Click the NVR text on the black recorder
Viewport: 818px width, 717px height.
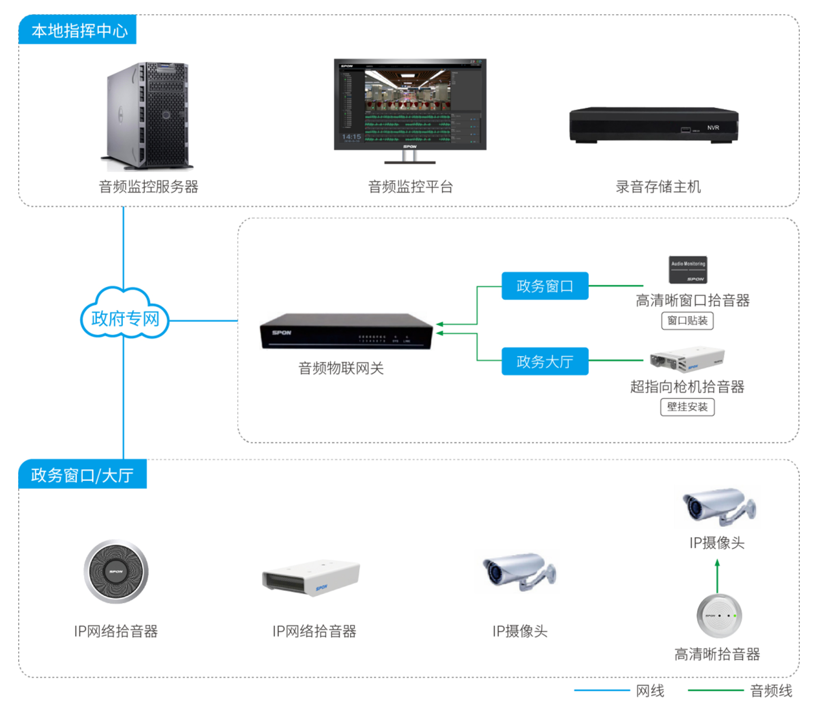click(712, 128)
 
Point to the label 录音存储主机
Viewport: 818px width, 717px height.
click(658, 187)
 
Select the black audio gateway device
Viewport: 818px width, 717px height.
click(346, 332)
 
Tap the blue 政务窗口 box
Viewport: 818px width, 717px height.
click(545, 286)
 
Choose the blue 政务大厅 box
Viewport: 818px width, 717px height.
click(545, 361)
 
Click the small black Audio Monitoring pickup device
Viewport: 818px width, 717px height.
click(687, 270)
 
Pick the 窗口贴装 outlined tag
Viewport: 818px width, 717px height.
click(687, 321)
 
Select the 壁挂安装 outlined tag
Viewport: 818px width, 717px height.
click(687, 407)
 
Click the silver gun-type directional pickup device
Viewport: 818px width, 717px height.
click(687, 360)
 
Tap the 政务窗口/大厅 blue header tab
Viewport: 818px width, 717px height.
click(82, 475)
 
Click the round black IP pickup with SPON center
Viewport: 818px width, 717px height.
click(116, 572)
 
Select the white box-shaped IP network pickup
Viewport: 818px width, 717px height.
click(311, 577)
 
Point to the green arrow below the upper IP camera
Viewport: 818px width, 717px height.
click(717, 576)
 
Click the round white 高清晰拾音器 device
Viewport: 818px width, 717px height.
click(719, 616)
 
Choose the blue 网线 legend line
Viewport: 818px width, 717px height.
click(602, 691)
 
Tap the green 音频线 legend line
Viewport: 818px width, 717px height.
click(715, 691)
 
